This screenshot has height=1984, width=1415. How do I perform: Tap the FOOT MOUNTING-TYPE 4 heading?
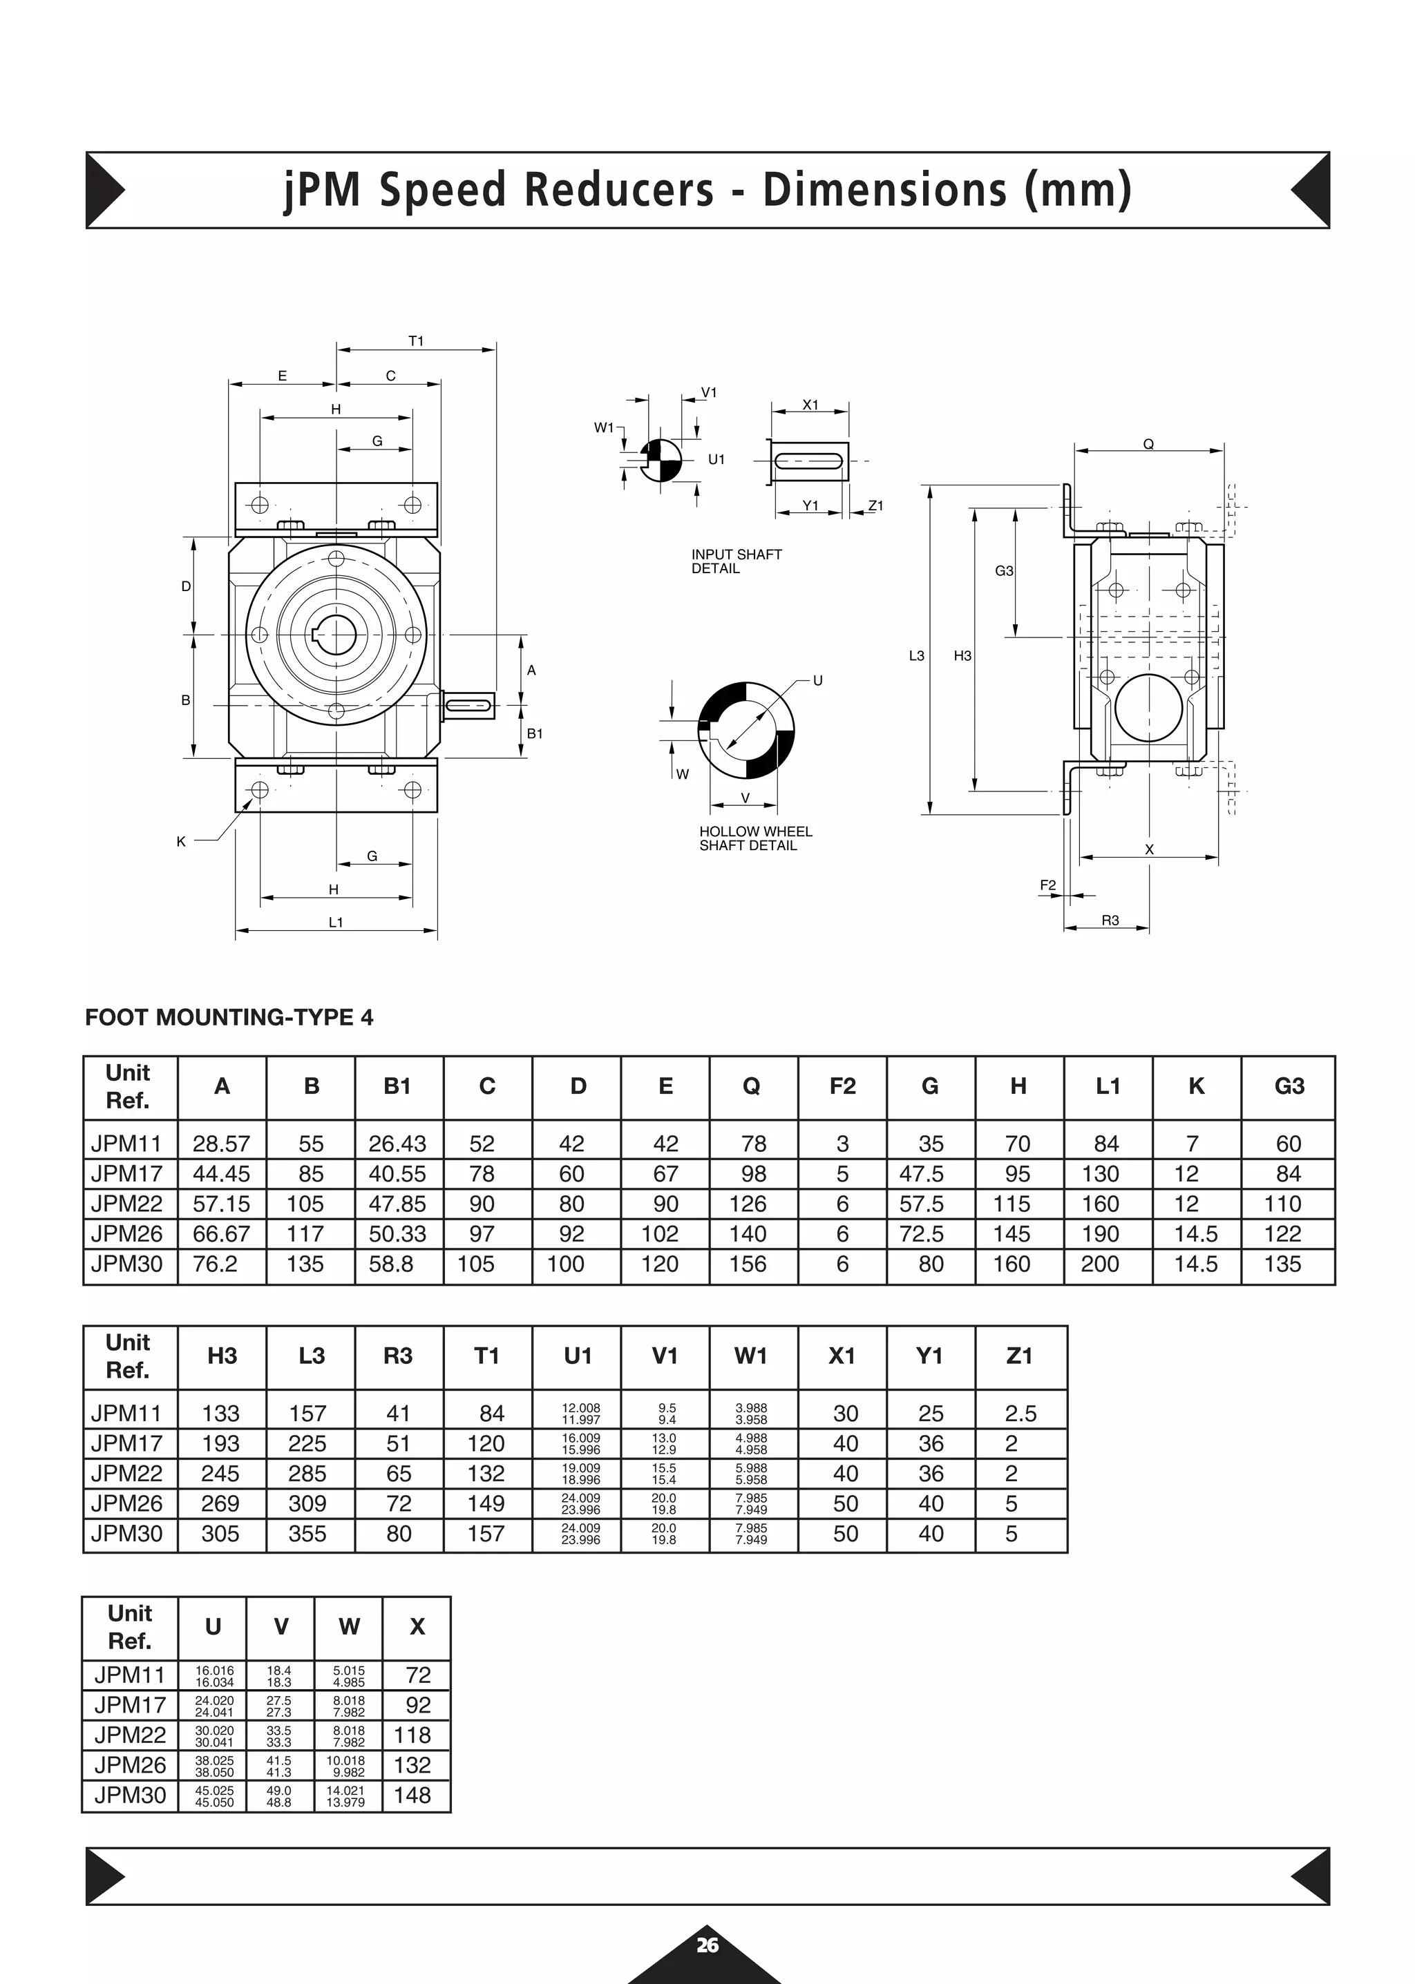(229, 1017)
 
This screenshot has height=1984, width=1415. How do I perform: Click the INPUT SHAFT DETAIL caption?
(737, 561)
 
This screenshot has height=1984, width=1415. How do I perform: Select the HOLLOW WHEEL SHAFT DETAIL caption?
(754, 838)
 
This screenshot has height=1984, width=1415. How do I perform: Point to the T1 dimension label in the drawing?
(416, 340)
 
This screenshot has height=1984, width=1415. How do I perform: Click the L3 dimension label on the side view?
(917, 656)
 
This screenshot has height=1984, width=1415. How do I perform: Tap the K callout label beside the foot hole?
(181, 841)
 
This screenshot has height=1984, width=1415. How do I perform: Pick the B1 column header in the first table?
(397, 1086)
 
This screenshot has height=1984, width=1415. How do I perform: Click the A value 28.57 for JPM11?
(221, 1144)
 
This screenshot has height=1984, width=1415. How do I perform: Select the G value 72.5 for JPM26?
(922, 1234)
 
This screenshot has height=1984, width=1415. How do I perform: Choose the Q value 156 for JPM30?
(748, 1264)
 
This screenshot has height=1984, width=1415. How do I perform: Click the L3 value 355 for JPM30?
(307, 1534)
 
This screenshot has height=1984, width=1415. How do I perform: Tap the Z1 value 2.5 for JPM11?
(1020, 1414)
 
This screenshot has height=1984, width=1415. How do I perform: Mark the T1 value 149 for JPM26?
(485, 1503)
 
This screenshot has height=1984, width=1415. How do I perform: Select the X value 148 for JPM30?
(413, 1795)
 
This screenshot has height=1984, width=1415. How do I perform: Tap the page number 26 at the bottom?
(707, 1945)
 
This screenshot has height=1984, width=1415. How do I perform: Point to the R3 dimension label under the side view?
(1110, 920)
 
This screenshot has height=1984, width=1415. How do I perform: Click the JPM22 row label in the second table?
(127, 1474)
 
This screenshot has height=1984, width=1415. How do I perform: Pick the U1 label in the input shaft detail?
(716, 459)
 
